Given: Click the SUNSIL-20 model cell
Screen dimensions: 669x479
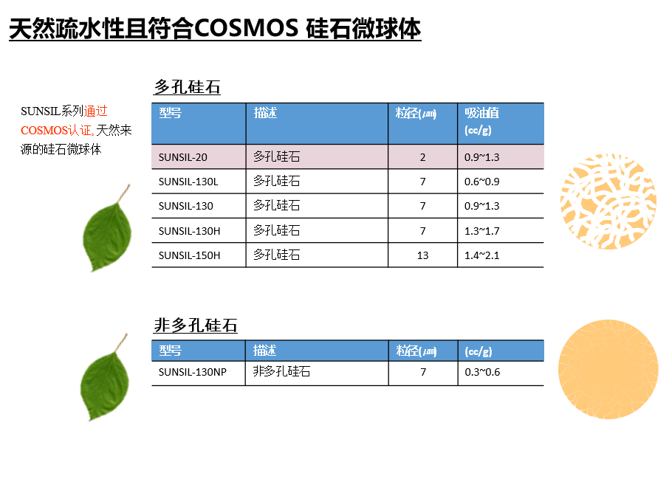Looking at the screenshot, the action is click(182, 157).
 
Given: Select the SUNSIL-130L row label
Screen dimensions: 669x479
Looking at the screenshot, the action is click(188, 182).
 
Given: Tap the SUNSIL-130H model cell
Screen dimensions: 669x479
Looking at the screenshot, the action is click(190, 231).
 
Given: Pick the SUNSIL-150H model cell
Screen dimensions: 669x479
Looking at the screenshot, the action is click(190, 255).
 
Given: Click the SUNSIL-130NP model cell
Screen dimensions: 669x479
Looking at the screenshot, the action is click(193, 372).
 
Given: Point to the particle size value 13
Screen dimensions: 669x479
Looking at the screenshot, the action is click(422, 255).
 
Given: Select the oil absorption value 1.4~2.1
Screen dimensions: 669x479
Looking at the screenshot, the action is click(481, 255).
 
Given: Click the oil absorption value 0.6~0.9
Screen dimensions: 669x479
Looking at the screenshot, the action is click(481, 182).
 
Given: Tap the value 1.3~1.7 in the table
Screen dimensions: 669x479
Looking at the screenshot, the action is click(481, 231).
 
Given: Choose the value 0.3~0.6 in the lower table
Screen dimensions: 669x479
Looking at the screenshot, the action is click(482, 372).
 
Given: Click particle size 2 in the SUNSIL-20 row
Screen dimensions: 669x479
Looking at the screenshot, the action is click(422, 157).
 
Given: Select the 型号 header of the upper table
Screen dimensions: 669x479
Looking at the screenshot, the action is click(171, 113).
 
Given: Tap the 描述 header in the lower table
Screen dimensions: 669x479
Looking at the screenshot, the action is click(264, 351).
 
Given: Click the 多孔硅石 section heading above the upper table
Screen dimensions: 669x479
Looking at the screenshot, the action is click(187, 87).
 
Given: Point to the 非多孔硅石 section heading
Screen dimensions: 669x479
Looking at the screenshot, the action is click(196, 325).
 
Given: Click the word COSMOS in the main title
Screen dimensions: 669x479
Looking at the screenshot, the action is click(246, 29).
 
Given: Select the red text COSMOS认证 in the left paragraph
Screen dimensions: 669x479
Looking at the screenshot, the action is click(56, 130).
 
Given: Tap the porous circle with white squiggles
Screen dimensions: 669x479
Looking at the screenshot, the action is click(608, 201).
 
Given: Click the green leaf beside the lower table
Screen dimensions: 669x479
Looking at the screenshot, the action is click(105, 377).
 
